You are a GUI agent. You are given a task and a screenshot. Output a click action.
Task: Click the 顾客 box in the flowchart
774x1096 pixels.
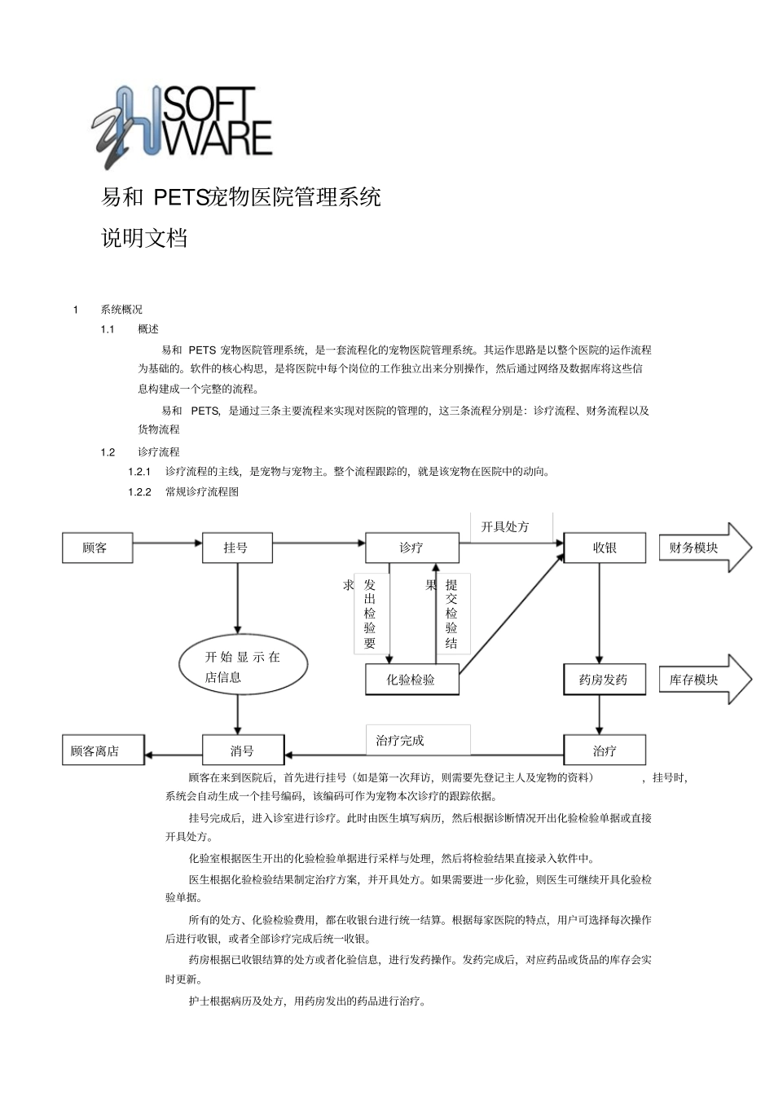click(x=97, y=548)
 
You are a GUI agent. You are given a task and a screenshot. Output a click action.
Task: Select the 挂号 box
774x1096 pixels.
click(x=236, y=548)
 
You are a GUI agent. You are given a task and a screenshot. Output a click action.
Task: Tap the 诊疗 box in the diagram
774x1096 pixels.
click(x=411, y=548)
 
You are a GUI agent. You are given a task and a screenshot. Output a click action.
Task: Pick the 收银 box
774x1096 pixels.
click(x=605, y=548)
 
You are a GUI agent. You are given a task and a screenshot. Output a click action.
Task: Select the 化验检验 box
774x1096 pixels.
click(x=411, y=680)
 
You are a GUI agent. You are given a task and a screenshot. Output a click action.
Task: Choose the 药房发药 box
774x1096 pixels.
click(x=604, y=680)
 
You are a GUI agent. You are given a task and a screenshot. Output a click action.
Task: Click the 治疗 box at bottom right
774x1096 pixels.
click(x=605, y=750)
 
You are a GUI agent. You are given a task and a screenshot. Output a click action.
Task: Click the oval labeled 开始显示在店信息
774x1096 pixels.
click(x=243, y=667)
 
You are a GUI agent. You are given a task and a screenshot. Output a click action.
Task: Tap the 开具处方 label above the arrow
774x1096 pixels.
click(x=505, y=527)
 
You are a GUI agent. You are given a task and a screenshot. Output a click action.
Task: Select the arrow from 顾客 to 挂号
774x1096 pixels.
click(x=166, y=542)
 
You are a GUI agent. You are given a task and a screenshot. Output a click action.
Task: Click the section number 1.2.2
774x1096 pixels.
click(x=140, y=492)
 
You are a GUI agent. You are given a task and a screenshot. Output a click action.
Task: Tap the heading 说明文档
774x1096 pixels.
click(x=144, y=238)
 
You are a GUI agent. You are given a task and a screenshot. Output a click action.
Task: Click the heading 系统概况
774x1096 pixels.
click(x=121, y=310)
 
